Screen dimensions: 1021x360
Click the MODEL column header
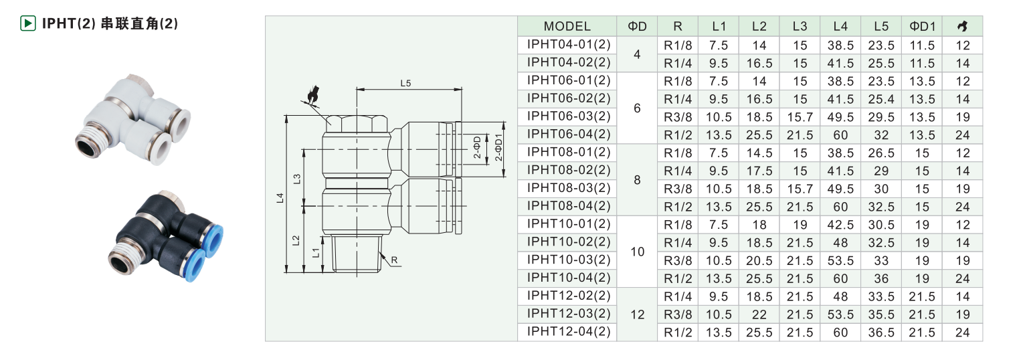tap(567, 26)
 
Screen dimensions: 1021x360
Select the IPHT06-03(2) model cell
tap(569, 116)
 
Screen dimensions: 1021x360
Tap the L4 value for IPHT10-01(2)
tap(840, 225)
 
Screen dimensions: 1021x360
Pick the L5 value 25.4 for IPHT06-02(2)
tap(881, 99)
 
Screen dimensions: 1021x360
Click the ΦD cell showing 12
tap(637, 314)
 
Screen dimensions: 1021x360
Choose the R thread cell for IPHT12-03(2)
tap(678, 314)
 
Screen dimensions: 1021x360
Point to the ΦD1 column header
tap(922, 26)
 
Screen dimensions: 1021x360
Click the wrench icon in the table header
tap(963, 26)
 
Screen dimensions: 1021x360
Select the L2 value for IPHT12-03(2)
tap(759, 314)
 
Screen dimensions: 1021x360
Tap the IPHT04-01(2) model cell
tap(569, 44)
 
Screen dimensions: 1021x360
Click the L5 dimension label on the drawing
tap(405, 83)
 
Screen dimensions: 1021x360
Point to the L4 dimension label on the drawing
tap(280, 198)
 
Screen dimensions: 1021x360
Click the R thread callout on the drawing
tap(394, 260)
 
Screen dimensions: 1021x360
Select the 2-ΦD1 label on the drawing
tap(498, 147)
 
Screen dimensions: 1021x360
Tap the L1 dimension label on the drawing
tap(316, 253)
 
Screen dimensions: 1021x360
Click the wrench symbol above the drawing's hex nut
tap(312, 95)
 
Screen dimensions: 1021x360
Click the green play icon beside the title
tap(28, 23)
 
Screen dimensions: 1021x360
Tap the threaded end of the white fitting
tap(91, 141)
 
